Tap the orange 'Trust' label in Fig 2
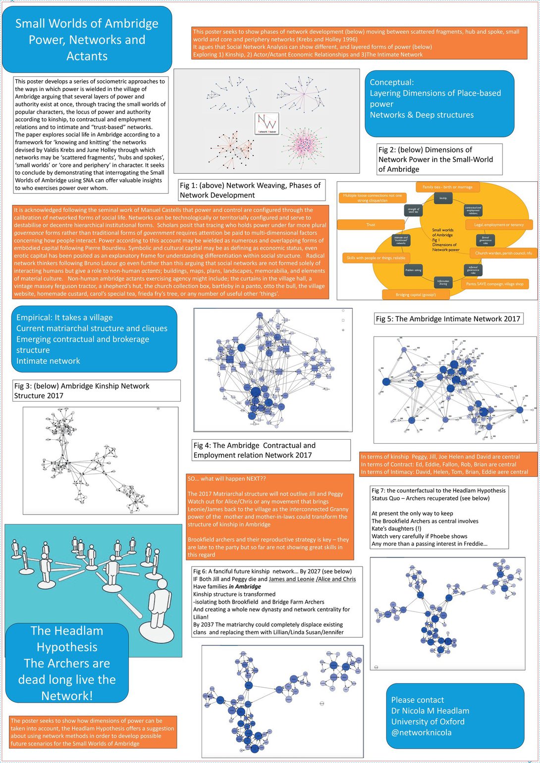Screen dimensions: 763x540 tap(371, 225)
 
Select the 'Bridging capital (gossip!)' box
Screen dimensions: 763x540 tap(416, 295)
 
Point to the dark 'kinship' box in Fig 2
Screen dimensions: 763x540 tap(443, 198)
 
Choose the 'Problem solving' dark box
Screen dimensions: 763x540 tap(413, 270)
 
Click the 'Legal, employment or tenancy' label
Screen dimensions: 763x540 tap(498, 225)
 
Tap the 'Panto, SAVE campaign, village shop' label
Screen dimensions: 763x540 tap(494, 284)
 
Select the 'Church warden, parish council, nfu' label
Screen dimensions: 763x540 tap(503, 253)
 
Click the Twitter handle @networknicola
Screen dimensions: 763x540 tap(421, 732)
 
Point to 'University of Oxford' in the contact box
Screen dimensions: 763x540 tap(428, 721)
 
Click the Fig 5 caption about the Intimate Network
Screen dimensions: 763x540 tap(448, 319)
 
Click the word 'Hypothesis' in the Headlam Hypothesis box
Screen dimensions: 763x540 tap(67, 647)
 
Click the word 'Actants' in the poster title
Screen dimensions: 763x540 tap(87, 56)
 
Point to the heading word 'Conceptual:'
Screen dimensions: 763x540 tap(391, 82)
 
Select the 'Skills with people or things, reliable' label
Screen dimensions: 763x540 tap(376, 258)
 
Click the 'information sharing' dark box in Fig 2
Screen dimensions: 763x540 tap(443, 282)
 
